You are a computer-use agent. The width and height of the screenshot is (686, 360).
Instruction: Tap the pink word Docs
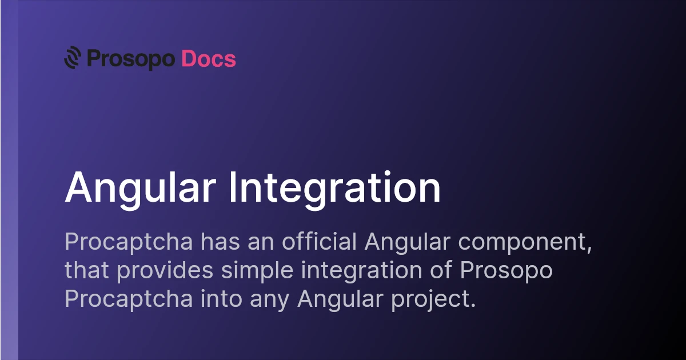click(209, 59)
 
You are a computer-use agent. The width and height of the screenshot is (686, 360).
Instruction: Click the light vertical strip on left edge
click(9, 229)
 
